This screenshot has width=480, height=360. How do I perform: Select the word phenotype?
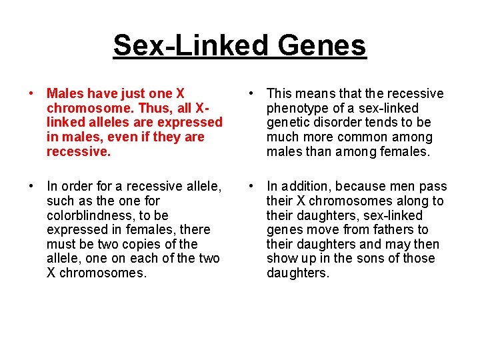(297, 108)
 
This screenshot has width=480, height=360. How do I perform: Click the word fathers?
(391, 230)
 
